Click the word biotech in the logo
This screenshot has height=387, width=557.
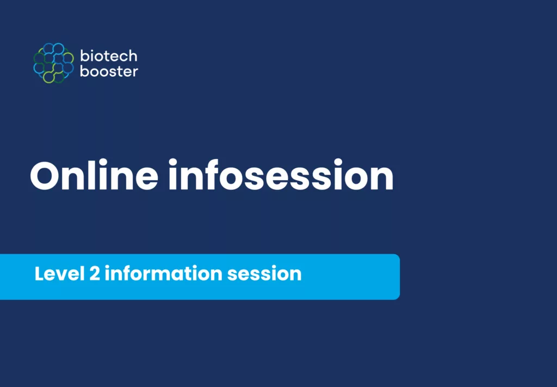pos(109,56)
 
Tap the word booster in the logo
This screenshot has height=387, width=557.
pos(109,71)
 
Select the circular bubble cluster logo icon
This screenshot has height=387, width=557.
pos(53,63)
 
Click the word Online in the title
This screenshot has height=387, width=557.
pos(94,176)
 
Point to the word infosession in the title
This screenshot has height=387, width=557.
pos(281,176)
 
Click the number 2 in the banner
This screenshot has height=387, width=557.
pos(94,274)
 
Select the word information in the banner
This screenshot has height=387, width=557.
pos(163,273)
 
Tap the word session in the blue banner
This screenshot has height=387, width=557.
pos(264,274)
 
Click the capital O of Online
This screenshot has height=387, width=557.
pos(46,176)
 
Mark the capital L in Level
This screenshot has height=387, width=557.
pos(39,274)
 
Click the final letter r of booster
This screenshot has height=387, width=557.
pos(135,72)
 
